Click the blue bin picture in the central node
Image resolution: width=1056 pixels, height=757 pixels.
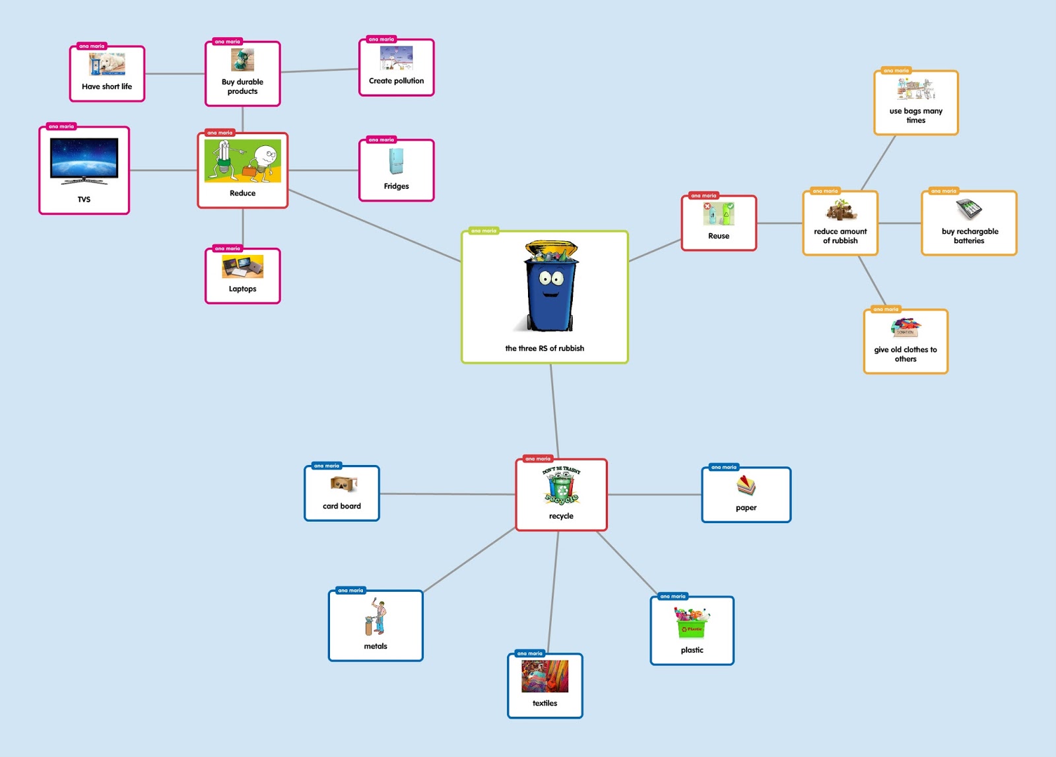pyautogui.click(x=550, y=287)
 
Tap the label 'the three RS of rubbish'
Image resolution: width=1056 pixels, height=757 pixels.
pyautogui.click(x=544, y=348)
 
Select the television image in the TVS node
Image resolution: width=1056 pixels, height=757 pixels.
pyautogui.click(x=84, y=161)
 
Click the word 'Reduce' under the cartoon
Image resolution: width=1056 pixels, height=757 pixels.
pyautogui.click(x=242, y=193)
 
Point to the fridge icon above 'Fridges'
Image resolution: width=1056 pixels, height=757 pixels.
pyautogui.click(x=396, y=161)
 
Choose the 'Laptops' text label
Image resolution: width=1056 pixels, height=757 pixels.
pyautogui.click(x=242, y=289)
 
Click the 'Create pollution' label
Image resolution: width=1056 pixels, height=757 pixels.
pyautogui.click(x=396, y=81)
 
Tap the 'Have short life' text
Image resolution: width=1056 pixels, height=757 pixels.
pyautogui.click(x=107, y=87)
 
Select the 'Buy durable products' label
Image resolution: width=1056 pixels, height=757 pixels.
pyautogui.click(x=242, y=87)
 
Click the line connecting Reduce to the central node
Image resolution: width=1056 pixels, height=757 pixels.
pyautogui.click(x=374, y=226)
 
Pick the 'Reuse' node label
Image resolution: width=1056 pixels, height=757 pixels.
pyautogui.click(x=719, y=236)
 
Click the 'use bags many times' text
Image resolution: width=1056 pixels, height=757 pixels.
pyautogui.click(x=915, y=116)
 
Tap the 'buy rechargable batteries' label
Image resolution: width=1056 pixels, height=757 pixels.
pyautogui.click(x=970, y=236)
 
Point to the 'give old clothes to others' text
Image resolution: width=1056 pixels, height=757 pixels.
pyautogui.click(x=906, y=354)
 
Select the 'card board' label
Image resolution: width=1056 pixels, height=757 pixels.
pyautogui.click(x=342, y=506)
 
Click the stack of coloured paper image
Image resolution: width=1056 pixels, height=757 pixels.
pyautogui.click(x=746, y=486)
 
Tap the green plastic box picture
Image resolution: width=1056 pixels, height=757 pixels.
pyautogui.click(x=692, y=624)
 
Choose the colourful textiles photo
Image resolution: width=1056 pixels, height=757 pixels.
pyautogui.click(x=544, y=676)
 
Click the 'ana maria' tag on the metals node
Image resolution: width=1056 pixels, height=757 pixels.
pyautogui.click(x=350, y=591)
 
